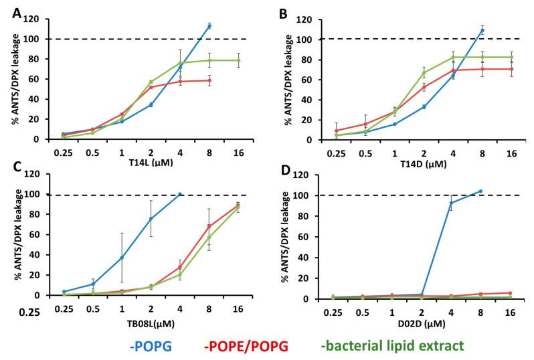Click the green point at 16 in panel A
pyautogui.click(x=239, y=60)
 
